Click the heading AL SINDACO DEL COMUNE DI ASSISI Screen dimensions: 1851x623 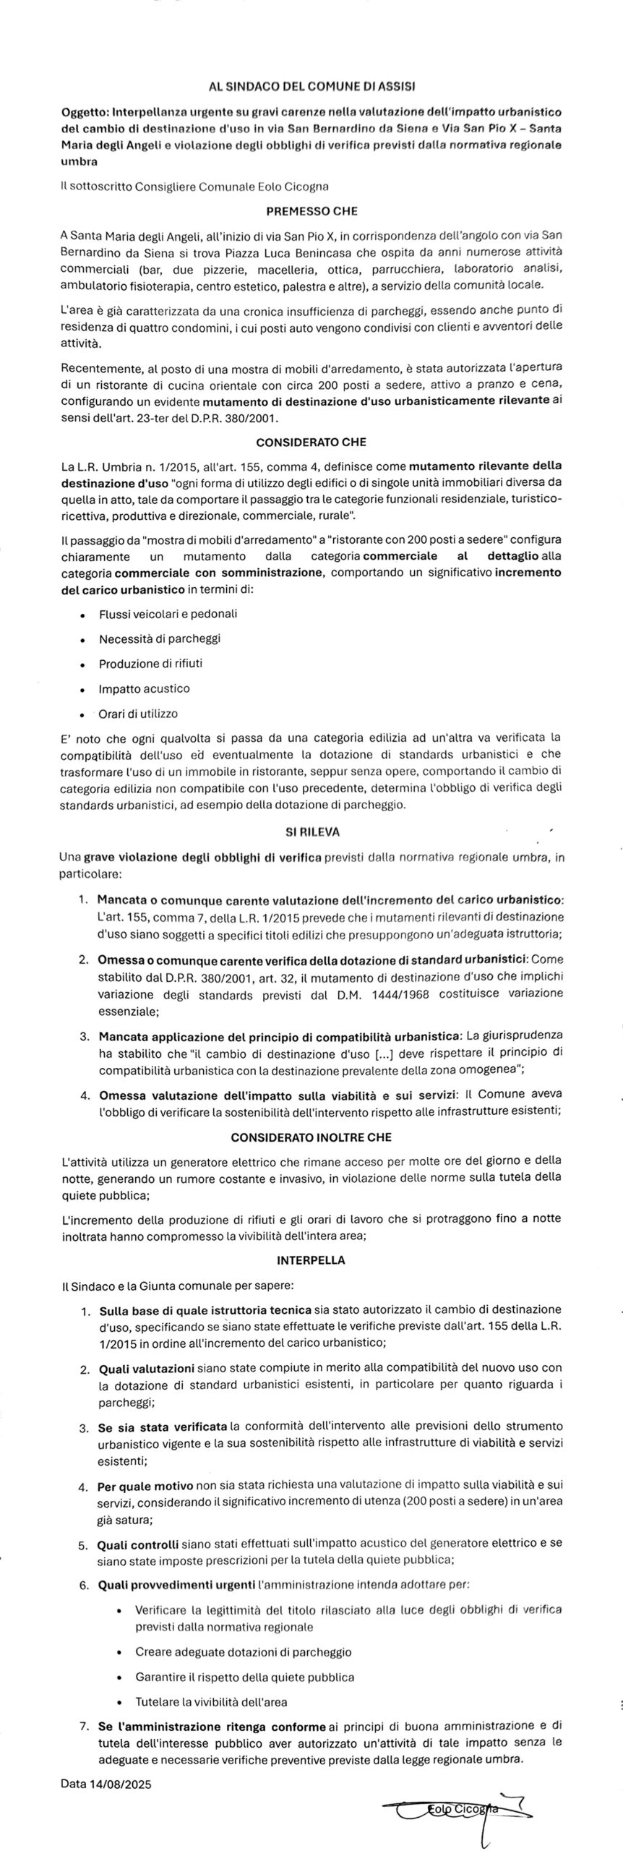click(x=311, y=85)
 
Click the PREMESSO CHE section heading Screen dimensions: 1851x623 click(x=311, y=212)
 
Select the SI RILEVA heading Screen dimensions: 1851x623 click(x=311, y=832)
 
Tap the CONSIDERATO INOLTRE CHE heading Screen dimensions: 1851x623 click(x=311, y=1137)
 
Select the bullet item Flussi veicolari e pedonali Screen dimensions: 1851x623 click(x=168, y=614)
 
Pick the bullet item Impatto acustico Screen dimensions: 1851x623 click(x=144, y=688)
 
